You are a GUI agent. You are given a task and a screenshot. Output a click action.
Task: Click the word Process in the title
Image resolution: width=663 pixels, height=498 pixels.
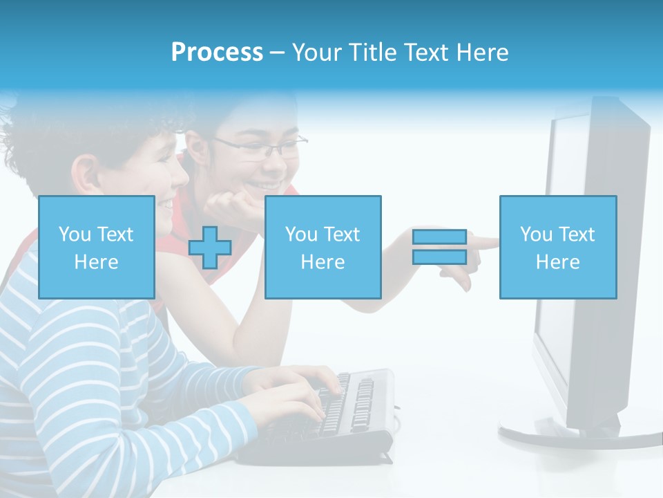[217, 53]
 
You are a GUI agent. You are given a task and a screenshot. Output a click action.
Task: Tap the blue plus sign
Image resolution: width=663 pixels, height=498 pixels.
[210, 247]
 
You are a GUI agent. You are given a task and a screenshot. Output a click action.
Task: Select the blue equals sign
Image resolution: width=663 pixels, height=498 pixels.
[439, 247]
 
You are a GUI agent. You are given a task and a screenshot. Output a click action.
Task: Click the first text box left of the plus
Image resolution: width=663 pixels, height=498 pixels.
[96, 247]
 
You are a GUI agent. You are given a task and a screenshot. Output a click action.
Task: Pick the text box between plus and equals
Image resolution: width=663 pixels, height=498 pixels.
[323, 247]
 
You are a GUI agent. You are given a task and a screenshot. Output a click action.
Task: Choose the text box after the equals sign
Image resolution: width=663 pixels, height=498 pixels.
[557, 247]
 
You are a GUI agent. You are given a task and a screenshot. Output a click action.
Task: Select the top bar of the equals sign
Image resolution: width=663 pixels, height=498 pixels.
[439, 237]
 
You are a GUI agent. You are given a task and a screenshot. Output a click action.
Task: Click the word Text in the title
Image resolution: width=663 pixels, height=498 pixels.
[425, 53]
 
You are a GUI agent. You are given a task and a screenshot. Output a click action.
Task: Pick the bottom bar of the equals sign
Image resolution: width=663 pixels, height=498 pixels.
[439, 257]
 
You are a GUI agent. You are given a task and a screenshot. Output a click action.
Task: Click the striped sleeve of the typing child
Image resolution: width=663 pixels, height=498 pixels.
[138, 387]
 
